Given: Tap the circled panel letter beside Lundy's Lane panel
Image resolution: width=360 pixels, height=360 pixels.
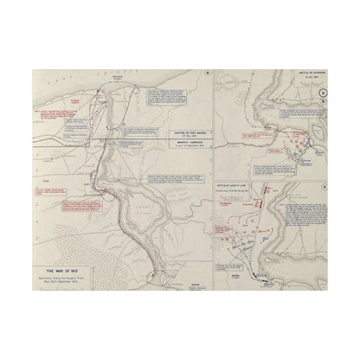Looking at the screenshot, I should coord(321,185).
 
